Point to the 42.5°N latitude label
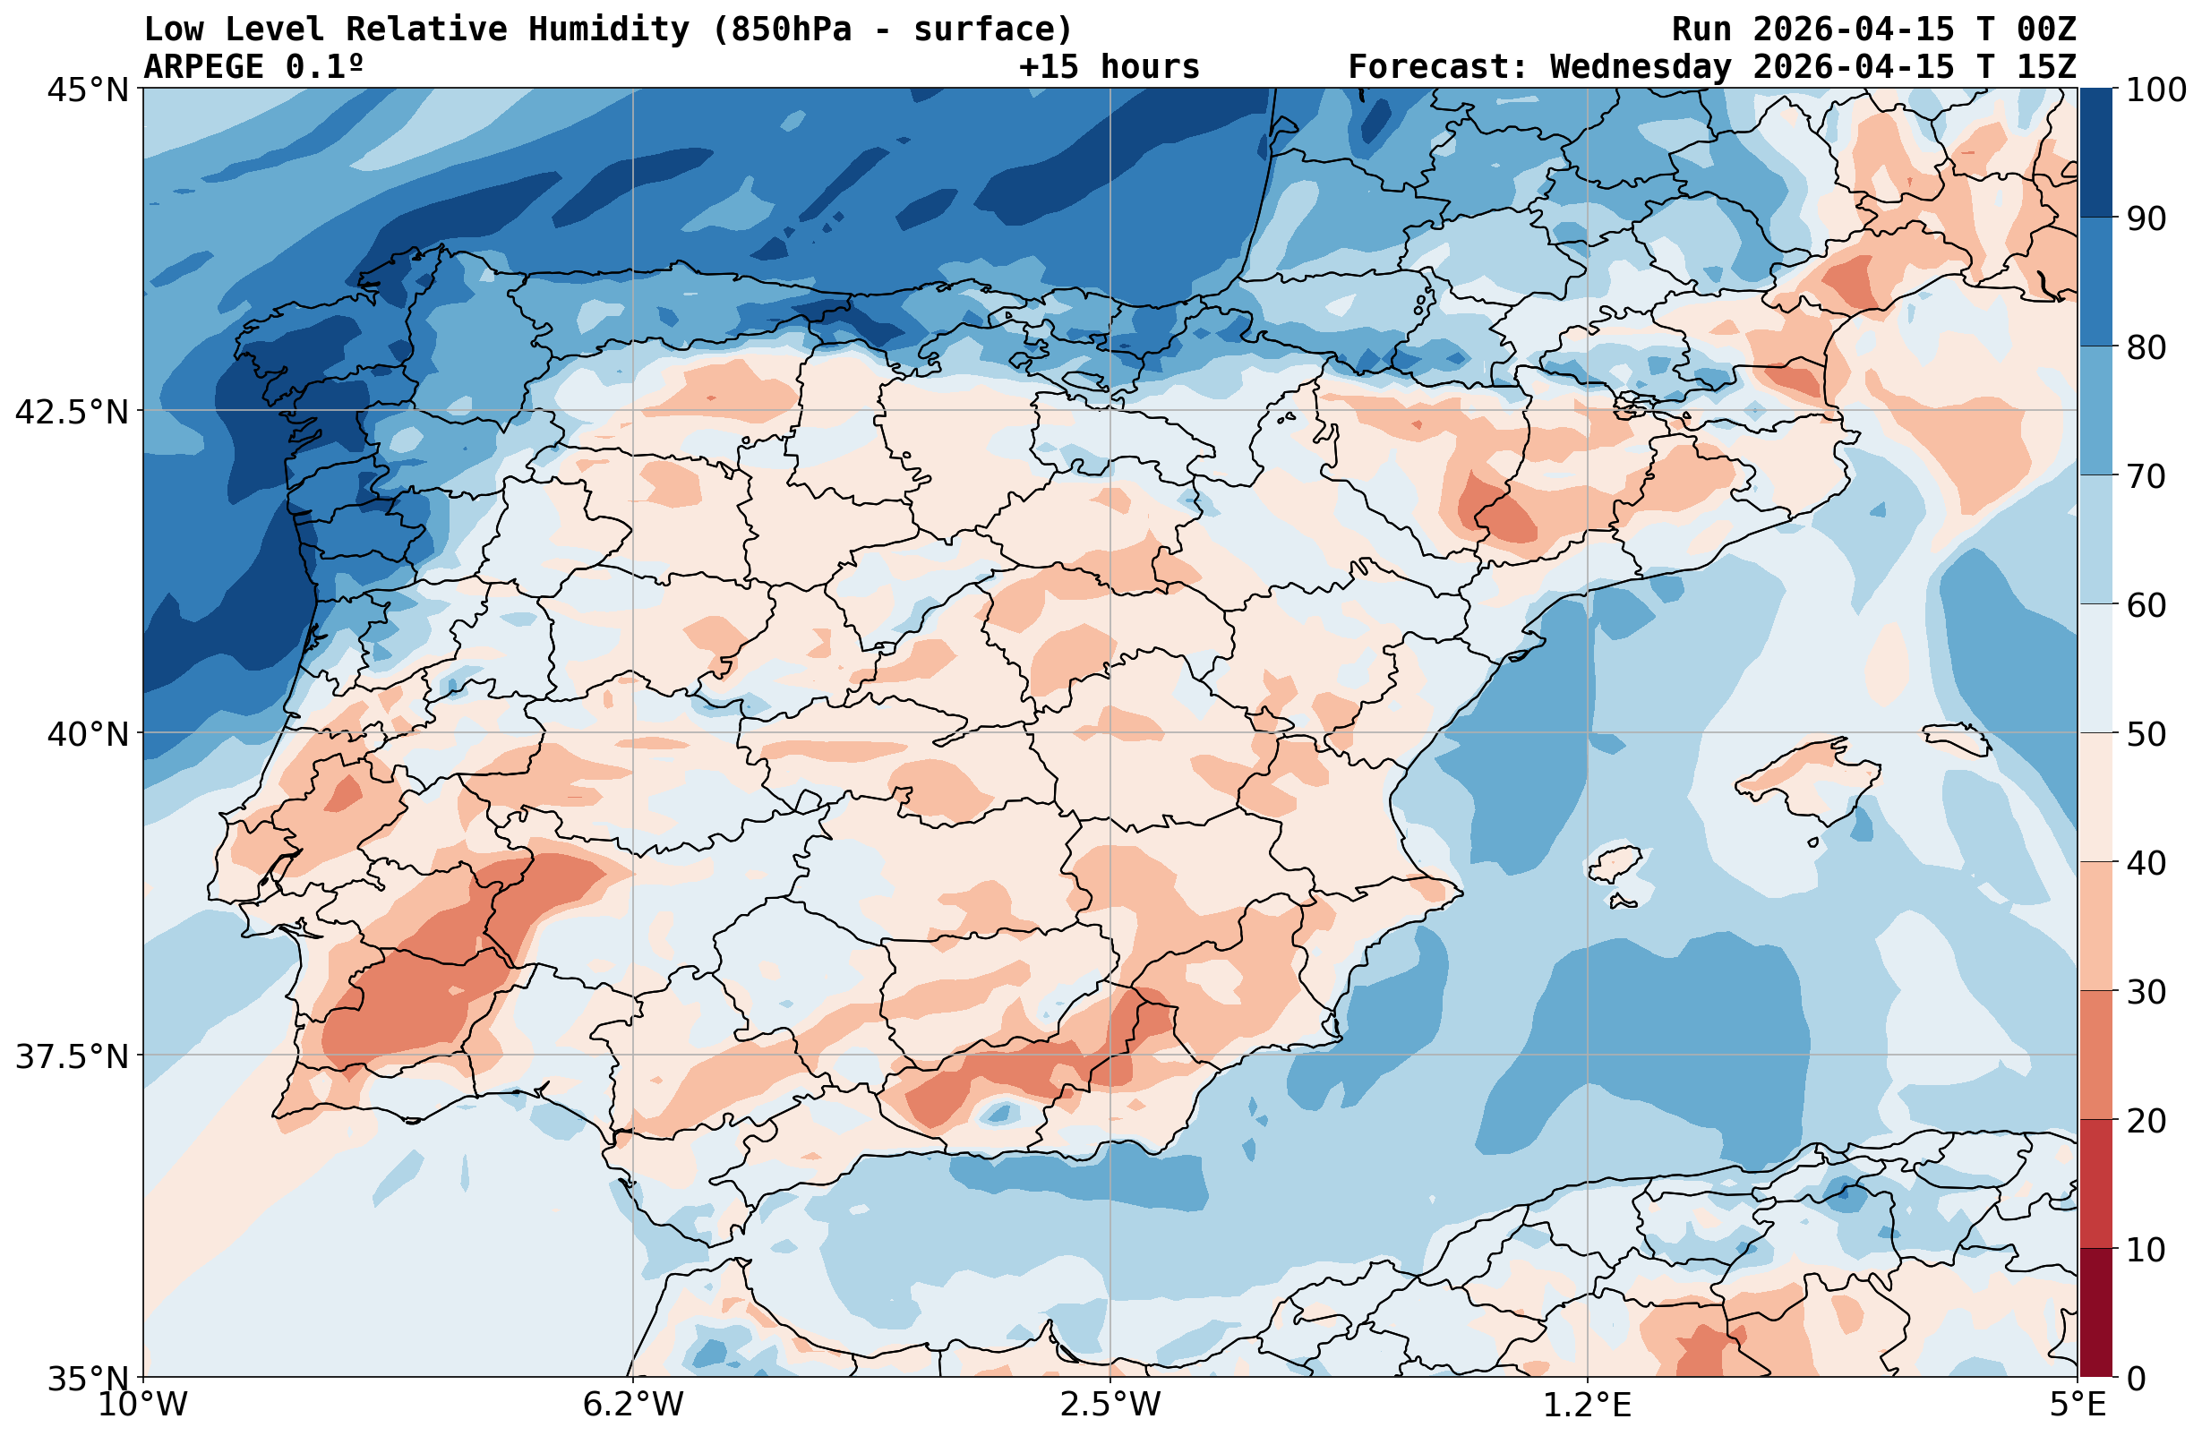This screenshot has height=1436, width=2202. tap(73, 412)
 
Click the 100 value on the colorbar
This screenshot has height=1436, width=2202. tap(2155, 90)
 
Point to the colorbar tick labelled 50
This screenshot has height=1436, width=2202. tap(2146, 735)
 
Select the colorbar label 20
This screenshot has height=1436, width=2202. tap(2146, 1122)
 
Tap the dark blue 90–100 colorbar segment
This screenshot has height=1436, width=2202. tap(2095, 153)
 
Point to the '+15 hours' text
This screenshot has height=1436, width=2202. tap(1109, 66)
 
